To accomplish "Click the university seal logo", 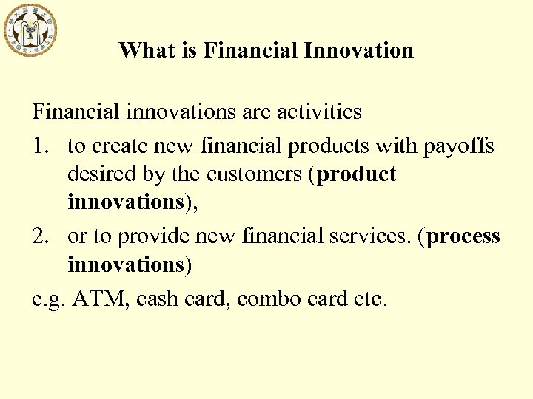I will (x=30, y=30).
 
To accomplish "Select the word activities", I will (x=319, y=112).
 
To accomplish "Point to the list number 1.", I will (x=41, y=146).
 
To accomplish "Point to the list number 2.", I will (x=41, y=236).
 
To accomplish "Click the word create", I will (x=120, y=146).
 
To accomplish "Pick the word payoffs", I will (x=459, y=146).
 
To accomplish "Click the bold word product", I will (x=357, y=174).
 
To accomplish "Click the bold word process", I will (x=464, y=236).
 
